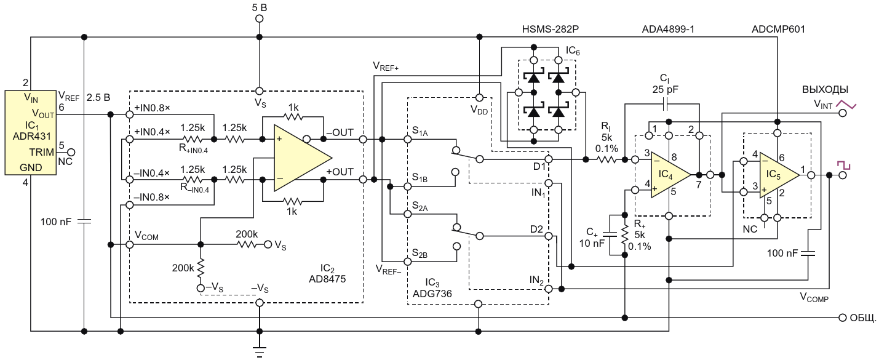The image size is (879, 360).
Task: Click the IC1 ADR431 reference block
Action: pyautogui.click(x=30, y=132)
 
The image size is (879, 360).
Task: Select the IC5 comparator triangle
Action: pyautogui.click(x=779, y=175)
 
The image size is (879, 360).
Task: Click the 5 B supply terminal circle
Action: pyautogui.click(x=259, y=18)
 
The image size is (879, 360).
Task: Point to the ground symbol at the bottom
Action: pyautogui.click(x=259, y=351)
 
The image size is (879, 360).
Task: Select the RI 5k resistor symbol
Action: pyautogui.click(x=607, y=159)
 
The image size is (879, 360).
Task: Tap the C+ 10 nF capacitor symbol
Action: pyautogui.click(x=610, y=234)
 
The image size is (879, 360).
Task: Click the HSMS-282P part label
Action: pyautogui.click(x=550, y=30)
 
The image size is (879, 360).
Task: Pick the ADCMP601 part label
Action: pyautogui.click(x=778, y=30)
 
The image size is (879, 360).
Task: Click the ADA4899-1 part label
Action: pyautogui.click(x=668, y=30)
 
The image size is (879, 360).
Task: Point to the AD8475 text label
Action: pyautogui.click(x=327, y=279)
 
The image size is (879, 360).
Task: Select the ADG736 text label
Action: pyautogui.click(x=432, y=294)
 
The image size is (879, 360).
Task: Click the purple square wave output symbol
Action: pyautogui.click(x=844, y=165)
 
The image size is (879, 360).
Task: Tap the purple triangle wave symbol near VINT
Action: pyautogui.click(x=846, y=105)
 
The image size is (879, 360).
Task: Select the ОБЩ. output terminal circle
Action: pyautogui.click(x=842, y=318)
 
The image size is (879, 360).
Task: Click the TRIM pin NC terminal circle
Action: pyautogui.click(x=71, y=152)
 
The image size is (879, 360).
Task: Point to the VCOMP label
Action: pyautogui.click(x=814, y=297)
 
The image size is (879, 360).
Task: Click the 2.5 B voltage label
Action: pyautogui.click(x=98, y=98)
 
